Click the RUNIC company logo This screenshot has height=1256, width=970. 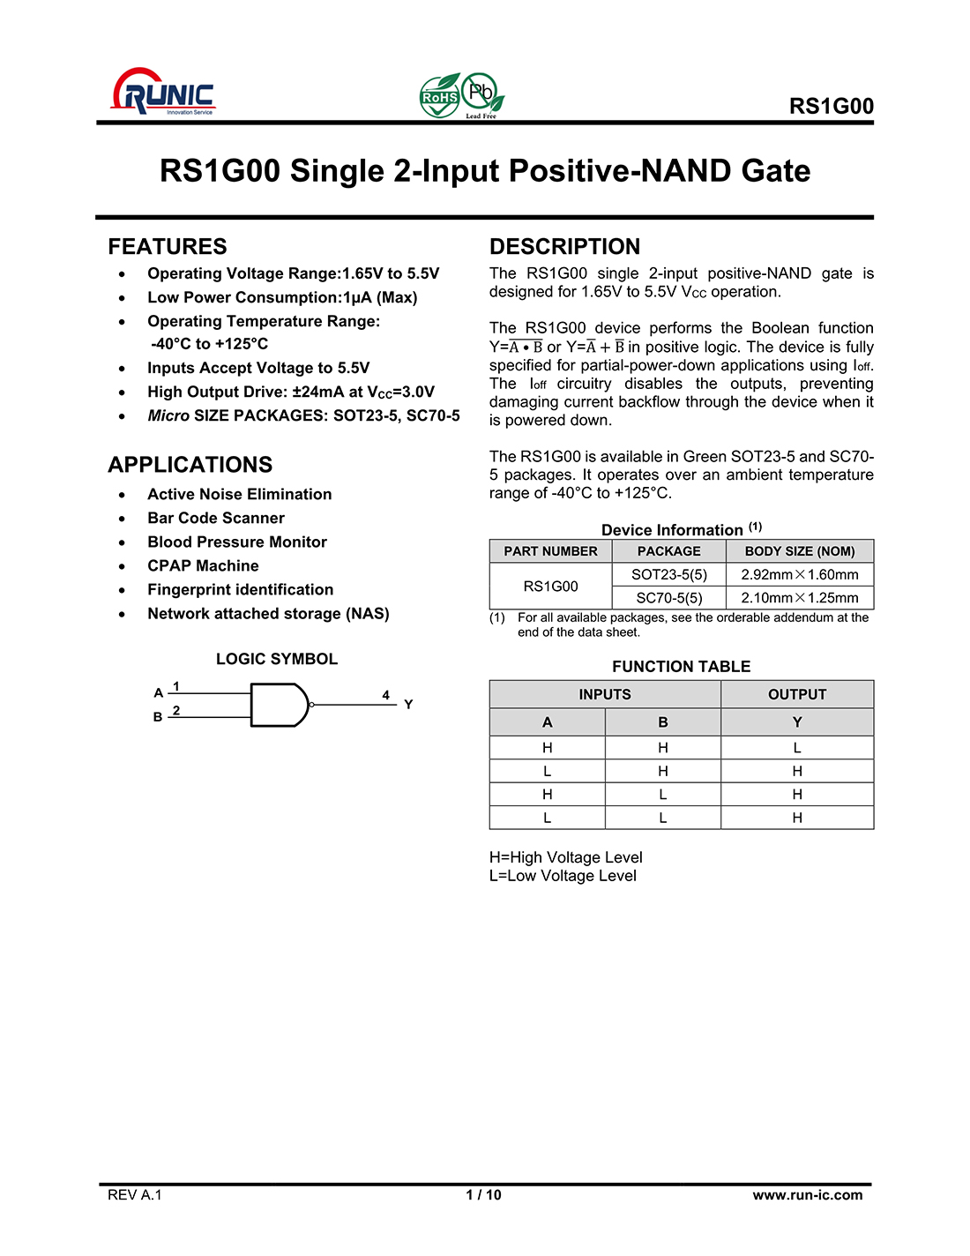click(x=163, y=93)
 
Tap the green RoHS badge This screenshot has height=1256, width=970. click(x=439, y=97)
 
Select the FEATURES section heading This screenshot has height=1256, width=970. click(x=168, y=246)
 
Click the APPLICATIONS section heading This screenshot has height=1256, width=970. click(x=190, y=465)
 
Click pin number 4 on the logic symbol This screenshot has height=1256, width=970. click(x=385, y=695)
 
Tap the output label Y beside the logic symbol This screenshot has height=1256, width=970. click(x=408, y=704)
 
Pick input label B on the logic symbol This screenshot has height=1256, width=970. click(x=158, y=717)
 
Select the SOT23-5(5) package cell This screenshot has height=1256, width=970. click(x=669, y=574)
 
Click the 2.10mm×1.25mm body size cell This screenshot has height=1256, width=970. click(x=800, y=598)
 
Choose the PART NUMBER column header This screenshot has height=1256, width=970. click(x=550, y=551)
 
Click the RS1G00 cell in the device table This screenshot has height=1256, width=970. click(x=550, y=587)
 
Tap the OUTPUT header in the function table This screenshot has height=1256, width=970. click(x=797, y=694)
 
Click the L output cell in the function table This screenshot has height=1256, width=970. click(x=797, y=748)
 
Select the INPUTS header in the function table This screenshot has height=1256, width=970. click(x=605, y=694)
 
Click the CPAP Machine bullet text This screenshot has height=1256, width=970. click(x=203, y=565)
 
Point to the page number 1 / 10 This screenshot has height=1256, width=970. click(x=483, y=1195)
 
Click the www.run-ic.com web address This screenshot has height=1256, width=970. click(x=807, y=1195)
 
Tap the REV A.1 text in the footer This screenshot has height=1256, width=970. click(x=135, y=1195)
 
